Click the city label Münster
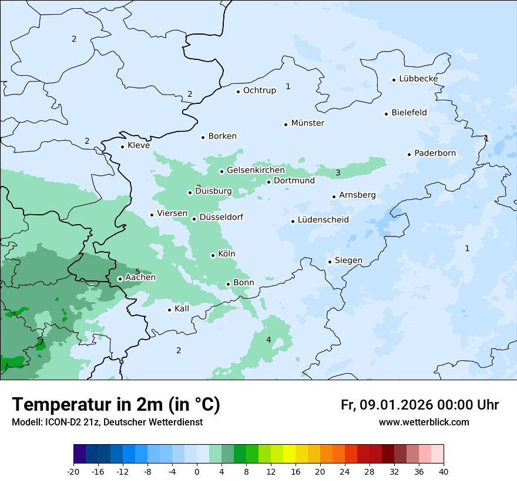point(307,123)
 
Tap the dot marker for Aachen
point(120,279)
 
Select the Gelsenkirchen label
point(256,170)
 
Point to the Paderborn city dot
point(409,154)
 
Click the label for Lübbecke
point(418,79)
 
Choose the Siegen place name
point(348,261)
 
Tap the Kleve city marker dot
point(122,147)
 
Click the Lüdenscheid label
point(323,220)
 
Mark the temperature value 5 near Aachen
point(137,271)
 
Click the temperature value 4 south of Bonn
point(268,340)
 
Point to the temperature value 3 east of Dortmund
point(338,173)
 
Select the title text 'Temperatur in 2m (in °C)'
point(116,405)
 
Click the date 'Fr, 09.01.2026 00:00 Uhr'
point(419,405)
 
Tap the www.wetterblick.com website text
point(424,422)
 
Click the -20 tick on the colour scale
point(73,471)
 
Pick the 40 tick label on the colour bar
point(444,471)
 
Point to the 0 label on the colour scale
point(197,471)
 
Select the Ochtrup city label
point(259,90)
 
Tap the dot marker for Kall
point(169,310)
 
